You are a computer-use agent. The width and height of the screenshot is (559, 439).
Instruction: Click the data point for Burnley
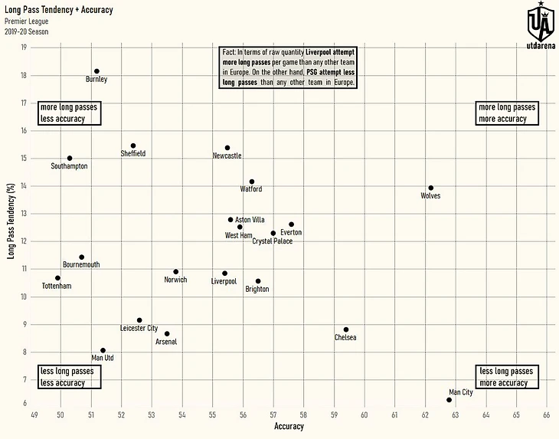(x=96, y=71)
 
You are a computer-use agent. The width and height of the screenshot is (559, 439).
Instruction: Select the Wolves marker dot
(x=431, y=188)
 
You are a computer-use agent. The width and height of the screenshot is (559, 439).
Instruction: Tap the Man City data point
(x=449, y=400)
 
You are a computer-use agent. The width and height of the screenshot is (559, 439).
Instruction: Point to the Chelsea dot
(x=346, y=329)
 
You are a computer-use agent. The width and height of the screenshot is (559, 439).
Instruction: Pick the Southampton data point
(x=70, y=159)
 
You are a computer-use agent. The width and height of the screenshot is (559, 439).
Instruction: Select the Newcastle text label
(x=227, y=156)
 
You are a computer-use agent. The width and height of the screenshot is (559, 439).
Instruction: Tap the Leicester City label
(x=139, y=329)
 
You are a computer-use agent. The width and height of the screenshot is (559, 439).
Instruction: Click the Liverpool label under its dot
(x=224, y=282)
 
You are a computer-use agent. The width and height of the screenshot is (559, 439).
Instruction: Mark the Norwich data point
(x=176, y=271)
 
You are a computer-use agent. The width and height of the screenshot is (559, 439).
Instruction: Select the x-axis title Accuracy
(x=289, y=427)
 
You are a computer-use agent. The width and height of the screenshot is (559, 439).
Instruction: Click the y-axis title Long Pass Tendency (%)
(x=11, y=221)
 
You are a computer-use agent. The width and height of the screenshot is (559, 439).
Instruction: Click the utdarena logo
(x=541, y=25)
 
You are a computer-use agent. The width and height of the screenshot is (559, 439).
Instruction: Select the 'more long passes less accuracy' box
(x=69, y=113)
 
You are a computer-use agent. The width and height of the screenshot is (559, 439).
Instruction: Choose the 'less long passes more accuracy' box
(x=506, y=377)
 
